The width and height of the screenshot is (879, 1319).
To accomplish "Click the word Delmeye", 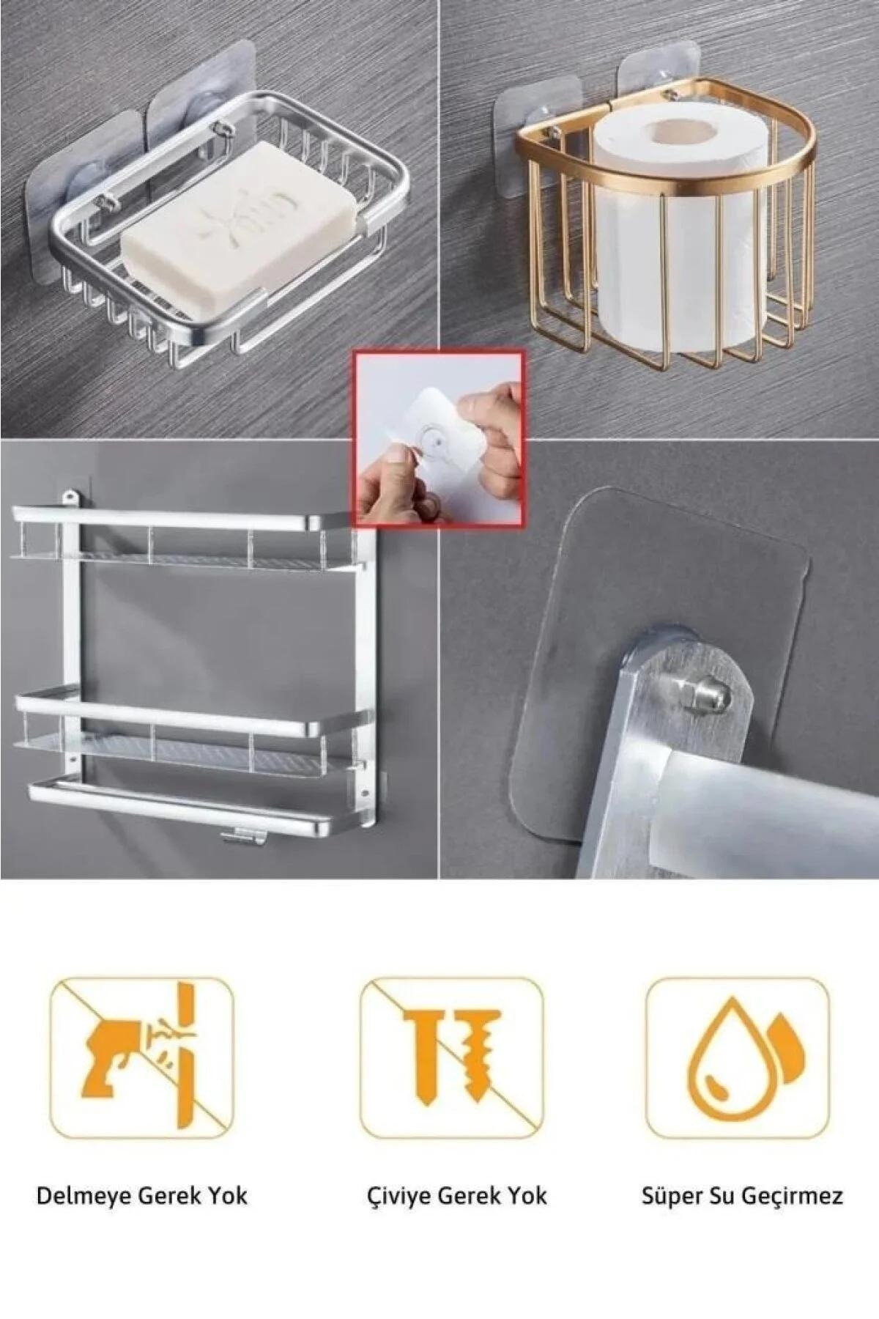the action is coord(86,1197).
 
